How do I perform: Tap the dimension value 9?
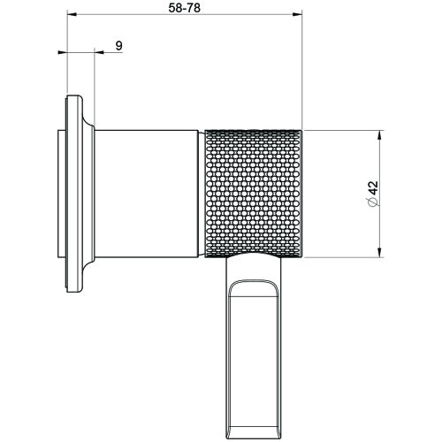tap(118, 45)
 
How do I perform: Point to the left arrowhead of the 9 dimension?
tap(62, 53)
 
